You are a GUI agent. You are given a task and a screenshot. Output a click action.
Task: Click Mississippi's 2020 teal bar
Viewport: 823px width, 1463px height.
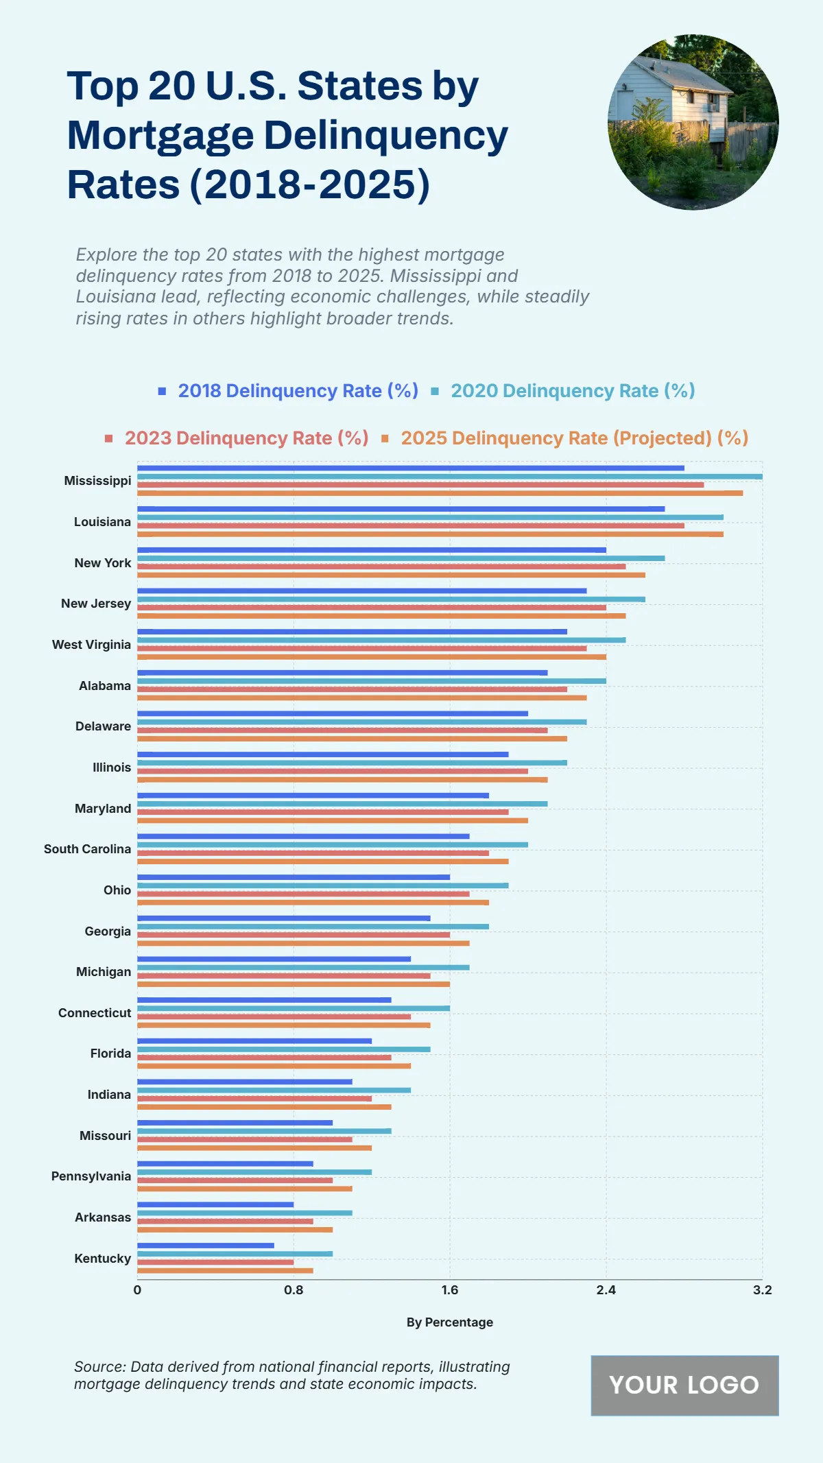click(x=449, y=477)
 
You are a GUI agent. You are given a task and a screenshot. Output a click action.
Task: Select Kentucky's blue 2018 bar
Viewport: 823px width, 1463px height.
click(x=206, y=1246)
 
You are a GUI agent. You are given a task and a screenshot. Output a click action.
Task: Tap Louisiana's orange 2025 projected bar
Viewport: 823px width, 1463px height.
click(x=430, y=534)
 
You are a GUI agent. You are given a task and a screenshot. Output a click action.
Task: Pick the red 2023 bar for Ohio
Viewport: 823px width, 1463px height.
click(x=303, y=894)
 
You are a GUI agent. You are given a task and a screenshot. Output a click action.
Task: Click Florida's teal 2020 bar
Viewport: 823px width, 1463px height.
click(x=284, y=1049)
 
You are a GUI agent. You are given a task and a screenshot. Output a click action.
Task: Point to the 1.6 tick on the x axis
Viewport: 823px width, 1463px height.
click(x=450, y=1290)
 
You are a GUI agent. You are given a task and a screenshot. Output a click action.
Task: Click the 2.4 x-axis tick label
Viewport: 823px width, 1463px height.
click(x=606, y=1290)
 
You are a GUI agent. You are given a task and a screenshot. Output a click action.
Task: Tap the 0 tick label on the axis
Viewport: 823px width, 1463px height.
click(x=137, y=1290)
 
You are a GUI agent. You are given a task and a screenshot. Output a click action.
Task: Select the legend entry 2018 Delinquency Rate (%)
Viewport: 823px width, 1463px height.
click(x=298, y=391)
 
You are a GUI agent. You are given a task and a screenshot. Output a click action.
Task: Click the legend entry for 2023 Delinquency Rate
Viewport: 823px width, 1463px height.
click(x=246, y=438)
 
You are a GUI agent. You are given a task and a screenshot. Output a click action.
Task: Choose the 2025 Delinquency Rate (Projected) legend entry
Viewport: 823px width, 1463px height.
click(x=574, y=438)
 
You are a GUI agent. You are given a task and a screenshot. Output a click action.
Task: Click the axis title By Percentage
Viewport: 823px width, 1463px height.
click(x=450, y=1322)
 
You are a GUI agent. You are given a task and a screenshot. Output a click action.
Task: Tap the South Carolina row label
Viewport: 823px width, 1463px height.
click(x=87, y=849)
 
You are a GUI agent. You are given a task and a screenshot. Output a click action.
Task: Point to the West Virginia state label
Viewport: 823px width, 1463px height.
click(x=91, y=645)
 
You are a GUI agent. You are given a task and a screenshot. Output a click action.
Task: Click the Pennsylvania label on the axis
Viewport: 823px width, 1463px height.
click(x=91, y=1176)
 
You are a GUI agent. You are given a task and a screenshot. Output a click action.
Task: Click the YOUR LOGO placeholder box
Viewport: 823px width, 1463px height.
click(x=684, y=1385)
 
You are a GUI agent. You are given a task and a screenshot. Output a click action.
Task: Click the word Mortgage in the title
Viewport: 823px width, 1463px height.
click(x=160, y=136)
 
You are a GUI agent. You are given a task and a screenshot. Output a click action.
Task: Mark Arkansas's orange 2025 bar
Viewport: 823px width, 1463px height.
click(x=235, y=1230)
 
